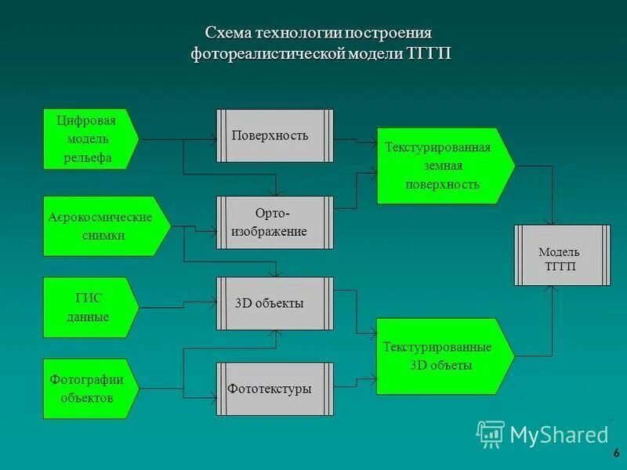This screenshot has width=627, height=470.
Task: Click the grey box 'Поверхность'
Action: click(275, 136)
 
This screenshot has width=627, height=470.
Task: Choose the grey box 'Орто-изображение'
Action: click(275, 222)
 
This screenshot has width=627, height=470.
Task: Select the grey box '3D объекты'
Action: click(275, 303)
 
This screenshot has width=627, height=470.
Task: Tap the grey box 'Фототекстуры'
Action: click(275, 389)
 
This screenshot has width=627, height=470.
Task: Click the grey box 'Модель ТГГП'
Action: click(561, 255)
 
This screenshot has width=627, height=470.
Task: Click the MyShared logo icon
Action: click(491, 433)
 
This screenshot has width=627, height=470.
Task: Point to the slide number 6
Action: click(617, 452)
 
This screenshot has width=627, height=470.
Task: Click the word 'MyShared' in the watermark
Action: click(559, 434)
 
